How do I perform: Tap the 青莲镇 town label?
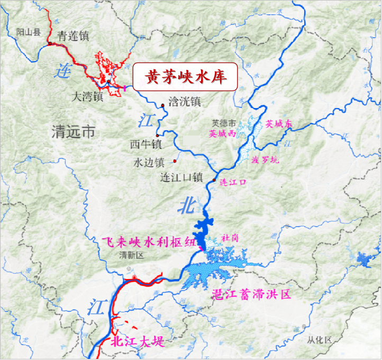click(73, 37)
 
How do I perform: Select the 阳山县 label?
click(28, 32)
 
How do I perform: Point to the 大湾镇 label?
click(85, 97)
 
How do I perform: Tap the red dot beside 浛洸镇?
click(163, 105)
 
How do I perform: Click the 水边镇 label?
click(149, 162)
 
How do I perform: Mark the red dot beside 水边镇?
click(175, 160)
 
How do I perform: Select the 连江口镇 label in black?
click(181, 178)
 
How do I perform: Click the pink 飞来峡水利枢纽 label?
click(153, 240)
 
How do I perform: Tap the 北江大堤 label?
click(138, 341)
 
